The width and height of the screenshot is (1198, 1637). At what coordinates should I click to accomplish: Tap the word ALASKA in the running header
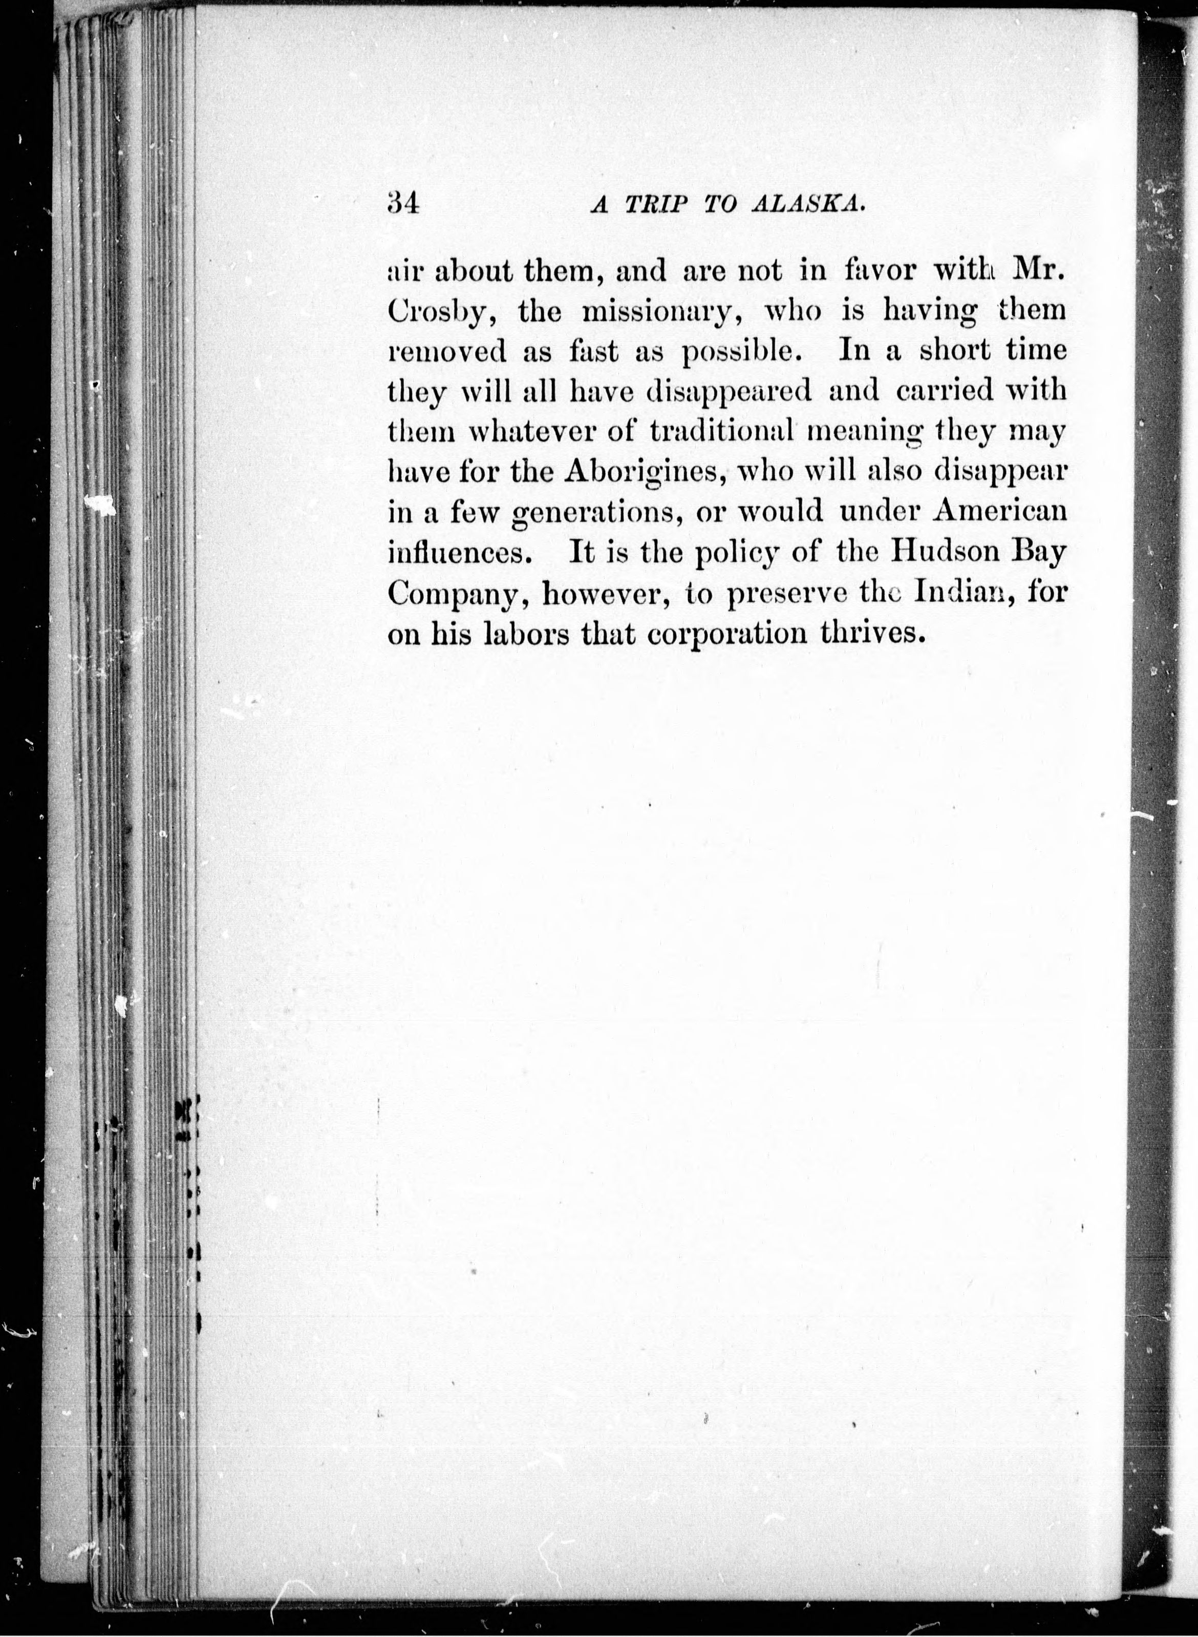[810, 205]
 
